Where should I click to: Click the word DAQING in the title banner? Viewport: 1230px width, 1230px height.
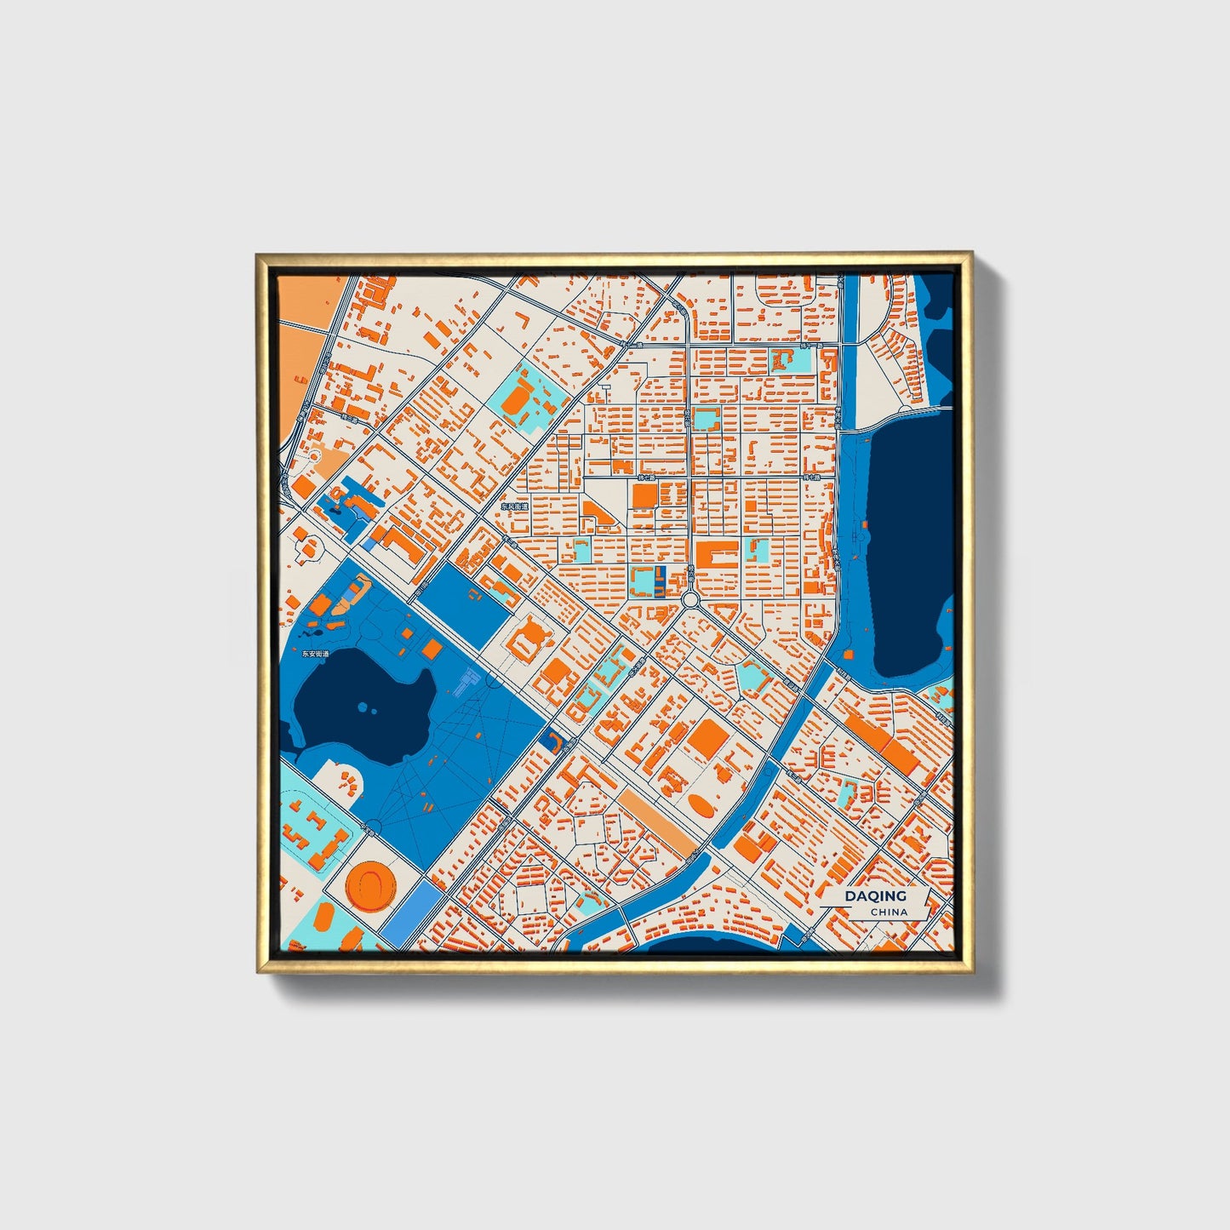[875, 896]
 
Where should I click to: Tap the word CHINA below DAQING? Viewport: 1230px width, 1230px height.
[889, 912]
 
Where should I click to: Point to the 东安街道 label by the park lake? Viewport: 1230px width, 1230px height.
[315, 654]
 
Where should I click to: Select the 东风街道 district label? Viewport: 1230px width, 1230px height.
[514, 506]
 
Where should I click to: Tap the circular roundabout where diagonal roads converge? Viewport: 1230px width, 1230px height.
[690, 599]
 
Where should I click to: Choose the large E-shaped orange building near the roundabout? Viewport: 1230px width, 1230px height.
[716, 558]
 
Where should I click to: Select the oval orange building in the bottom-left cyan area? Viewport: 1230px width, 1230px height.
[324, 918]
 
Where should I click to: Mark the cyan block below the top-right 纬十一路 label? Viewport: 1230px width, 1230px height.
[790, 360]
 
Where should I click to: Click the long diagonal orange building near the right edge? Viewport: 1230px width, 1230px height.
[882, 741]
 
